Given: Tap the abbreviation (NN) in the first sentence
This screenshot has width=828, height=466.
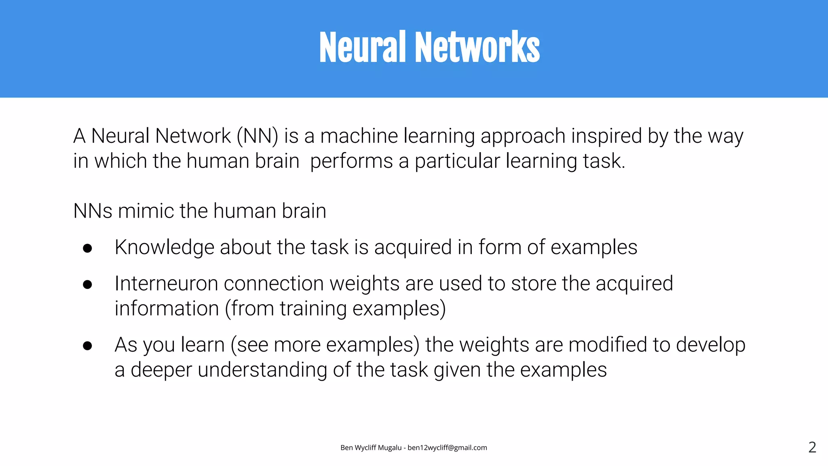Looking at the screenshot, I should coord(258,136).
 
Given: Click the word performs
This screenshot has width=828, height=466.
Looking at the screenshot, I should coord(351,161).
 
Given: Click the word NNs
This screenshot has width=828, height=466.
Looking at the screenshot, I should coord(93,211).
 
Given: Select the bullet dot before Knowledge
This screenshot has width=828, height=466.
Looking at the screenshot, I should coord(87,248).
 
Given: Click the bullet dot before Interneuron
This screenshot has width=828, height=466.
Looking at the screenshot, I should coord(87,284).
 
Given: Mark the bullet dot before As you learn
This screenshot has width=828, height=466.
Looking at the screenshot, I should coord(87,345).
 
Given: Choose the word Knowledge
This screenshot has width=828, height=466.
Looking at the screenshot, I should coord(164,248).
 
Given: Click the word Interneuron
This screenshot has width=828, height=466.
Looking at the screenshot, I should coord(166,284).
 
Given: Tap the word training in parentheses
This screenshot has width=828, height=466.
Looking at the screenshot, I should coord(313,309).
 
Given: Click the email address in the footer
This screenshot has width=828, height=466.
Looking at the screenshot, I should coord(447,447).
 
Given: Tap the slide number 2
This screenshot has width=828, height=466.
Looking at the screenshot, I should coord(812,447).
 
